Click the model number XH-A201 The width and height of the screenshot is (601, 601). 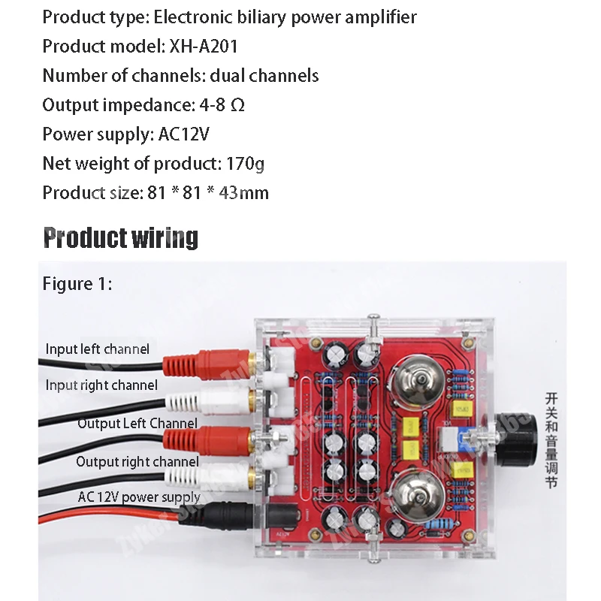point(202,46)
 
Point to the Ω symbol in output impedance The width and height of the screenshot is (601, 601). point(237,105)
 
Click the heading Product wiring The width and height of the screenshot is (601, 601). point(120,237)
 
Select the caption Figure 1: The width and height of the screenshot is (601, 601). point(77,284)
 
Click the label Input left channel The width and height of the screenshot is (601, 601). point(97,349)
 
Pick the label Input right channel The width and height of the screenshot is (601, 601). point(101,385)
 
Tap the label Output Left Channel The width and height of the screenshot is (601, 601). point(137,423)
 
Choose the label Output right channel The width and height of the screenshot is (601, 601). point(137,461)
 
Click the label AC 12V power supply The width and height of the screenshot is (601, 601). point(139,497)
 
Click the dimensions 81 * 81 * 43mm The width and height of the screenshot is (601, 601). point(205,193)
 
